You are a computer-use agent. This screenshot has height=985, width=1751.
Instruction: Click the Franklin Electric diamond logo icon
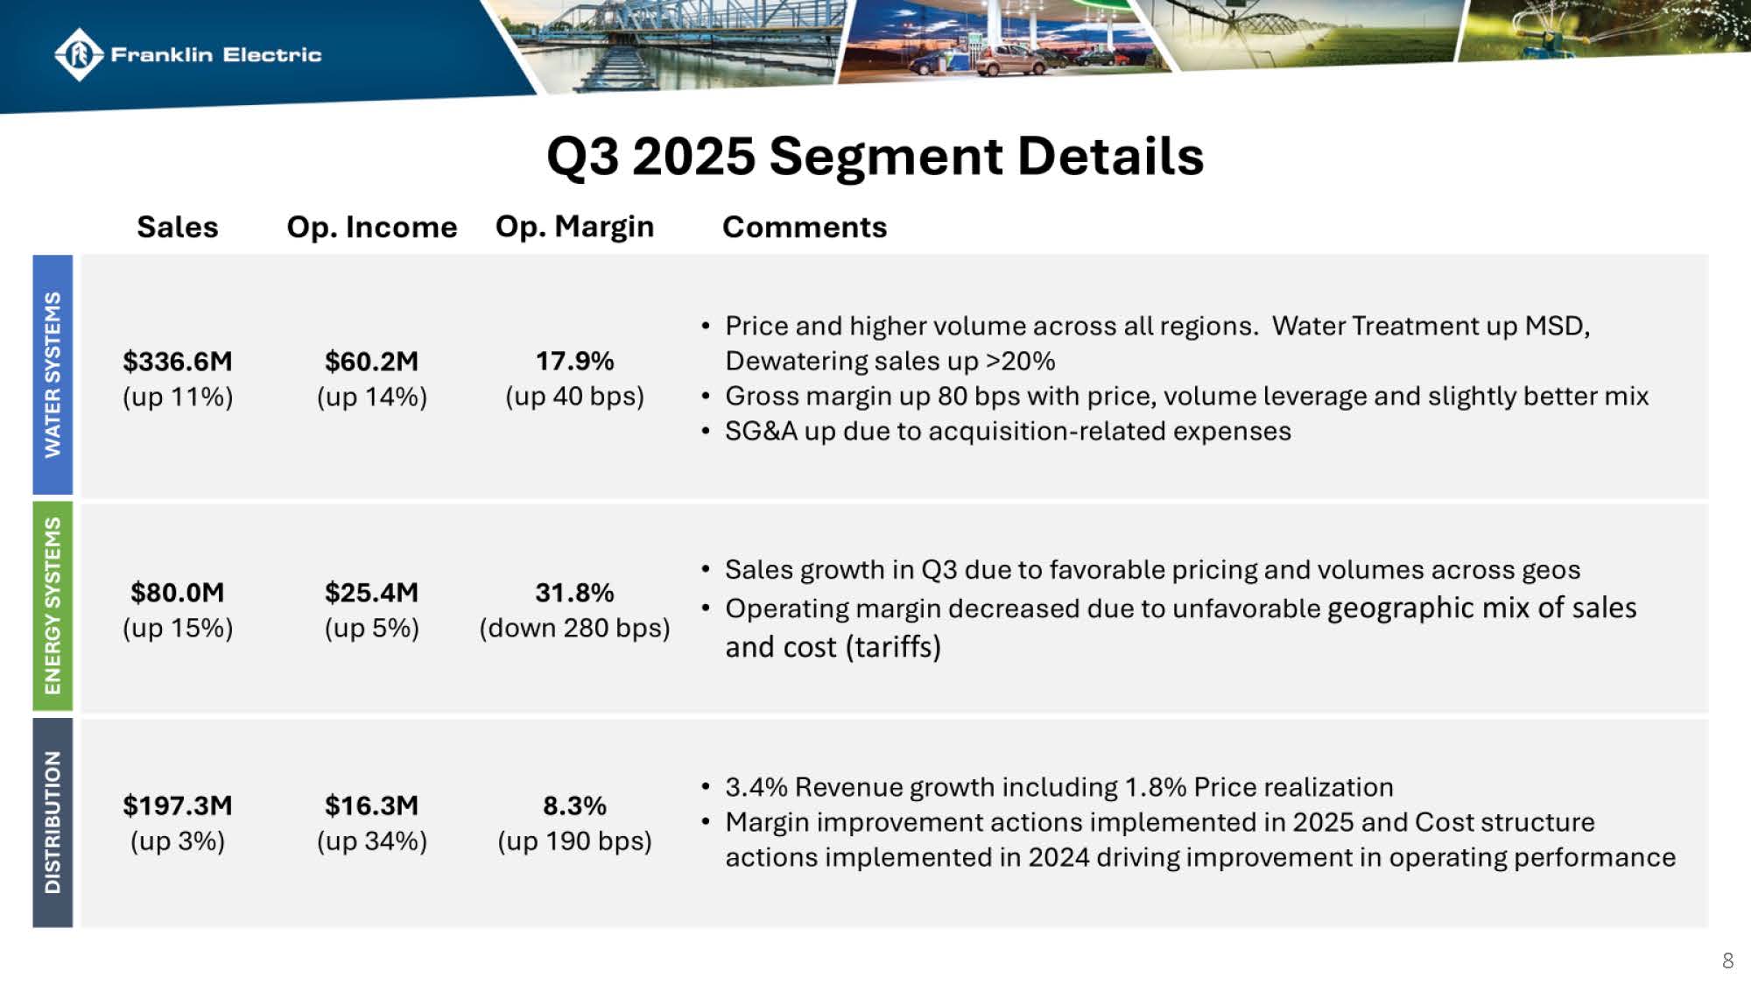pos(79,54)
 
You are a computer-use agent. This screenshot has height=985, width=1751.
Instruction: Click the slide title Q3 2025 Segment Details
pos(875,156)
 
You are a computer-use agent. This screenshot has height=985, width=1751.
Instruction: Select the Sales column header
pos(178,227)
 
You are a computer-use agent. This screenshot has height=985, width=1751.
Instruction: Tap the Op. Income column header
pos(371,227)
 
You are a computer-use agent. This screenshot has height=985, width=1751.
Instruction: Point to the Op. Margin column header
pos(574,227)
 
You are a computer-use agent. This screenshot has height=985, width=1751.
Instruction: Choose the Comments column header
pos(804,227)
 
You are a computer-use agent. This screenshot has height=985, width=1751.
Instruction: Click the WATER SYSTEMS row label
pos(53,375)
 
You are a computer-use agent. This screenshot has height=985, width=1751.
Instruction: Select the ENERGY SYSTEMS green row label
pos(53,605)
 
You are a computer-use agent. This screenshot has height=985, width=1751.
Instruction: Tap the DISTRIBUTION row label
pos(53,822)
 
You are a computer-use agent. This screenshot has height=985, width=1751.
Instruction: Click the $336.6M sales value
pos(178,361)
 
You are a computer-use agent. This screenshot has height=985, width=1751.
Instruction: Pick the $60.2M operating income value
pos(371,361)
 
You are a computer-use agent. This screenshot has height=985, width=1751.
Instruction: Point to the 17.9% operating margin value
pos(574,361)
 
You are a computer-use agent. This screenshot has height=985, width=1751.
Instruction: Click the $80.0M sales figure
pos(178,593)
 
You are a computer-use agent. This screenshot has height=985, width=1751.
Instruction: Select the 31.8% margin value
pos(574,593)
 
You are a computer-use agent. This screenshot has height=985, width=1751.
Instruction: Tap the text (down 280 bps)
pos(574,628)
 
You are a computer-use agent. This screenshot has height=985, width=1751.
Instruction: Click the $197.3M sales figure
pos(178,806)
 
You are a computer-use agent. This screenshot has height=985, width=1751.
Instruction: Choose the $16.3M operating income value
pos(371,806)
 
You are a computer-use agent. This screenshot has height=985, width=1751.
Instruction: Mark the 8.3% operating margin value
pos(574,806)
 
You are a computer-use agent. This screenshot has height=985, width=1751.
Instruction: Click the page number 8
pos(1727,960)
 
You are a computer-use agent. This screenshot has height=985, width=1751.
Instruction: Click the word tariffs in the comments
pos(893,647)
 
